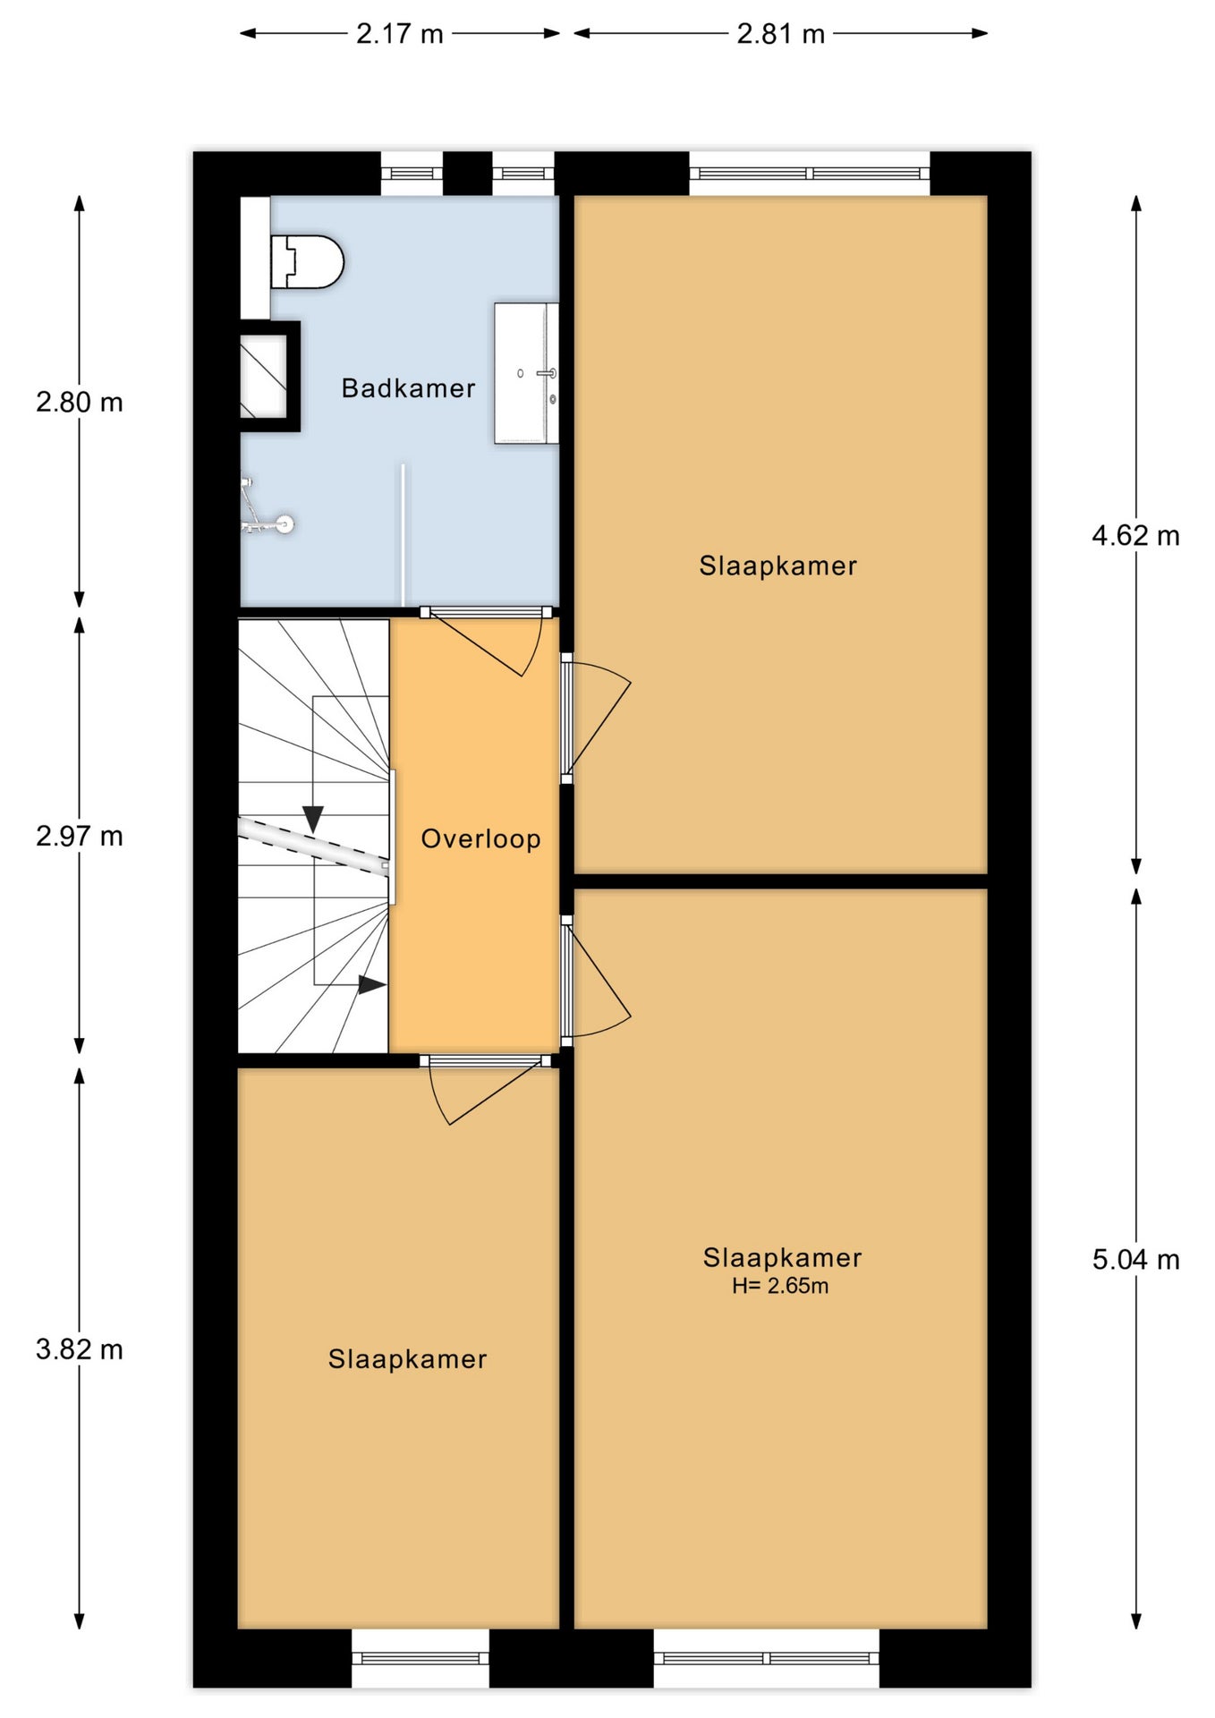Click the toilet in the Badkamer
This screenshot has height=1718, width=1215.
click(x=307, y=261)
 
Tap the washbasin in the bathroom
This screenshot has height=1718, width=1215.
click(x=527, y=373)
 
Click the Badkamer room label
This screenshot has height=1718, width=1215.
click(x=408, y=388)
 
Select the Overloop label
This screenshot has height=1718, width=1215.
click(x=481, y=839)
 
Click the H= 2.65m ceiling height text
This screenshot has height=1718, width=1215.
click(x=780, y=1286)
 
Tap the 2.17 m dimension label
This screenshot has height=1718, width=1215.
click(x=400, y=34)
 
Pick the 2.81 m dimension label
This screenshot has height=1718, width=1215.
click(x=781, y=34)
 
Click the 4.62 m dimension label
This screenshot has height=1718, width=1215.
click(x=1135, y=536)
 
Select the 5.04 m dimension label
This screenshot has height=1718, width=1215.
click(x=1135, y=1260)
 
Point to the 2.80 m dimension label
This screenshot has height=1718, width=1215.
click(x=80, y=403)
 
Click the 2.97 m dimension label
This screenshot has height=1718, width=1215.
click(x=80, y=837)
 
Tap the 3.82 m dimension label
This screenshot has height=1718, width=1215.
click(x=80, y=1349)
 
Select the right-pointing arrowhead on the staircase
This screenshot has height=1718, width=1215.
click(x=372, y=985)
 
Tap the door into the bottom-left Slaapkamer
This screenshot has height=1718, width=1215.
click(x=485, y=1088)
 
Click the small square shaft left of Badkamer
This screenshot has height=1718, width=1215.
click(x=265, y=377)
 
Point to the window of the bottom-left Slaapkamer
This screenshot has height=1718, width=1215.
click(x=421, y=1657)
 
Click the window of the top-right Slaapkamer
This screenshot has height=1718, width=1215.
click(x=810, y=174)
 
